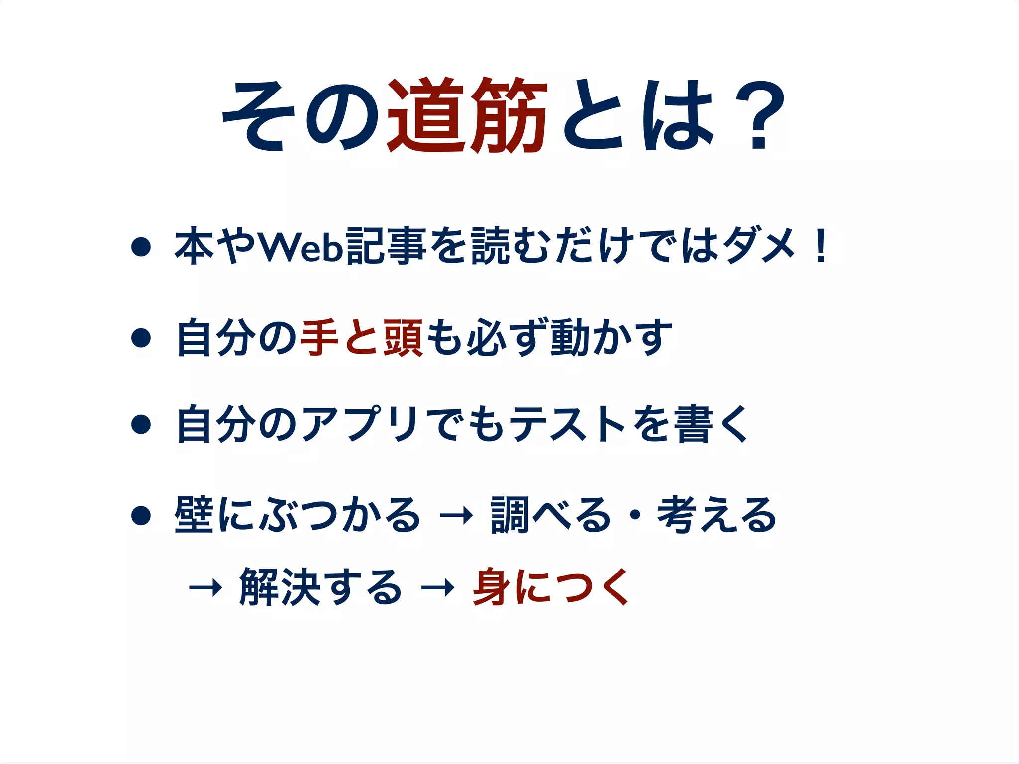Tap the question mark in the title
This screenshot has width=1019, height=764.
(758, 117)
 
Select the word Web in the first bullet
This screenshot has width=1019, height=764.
(302, 246)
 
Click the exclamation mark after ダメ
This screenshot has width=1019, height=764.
(820, 246)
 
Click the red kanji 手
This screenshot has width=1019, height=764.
(319, 338)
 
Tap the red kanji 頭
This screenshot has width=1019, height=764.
(403, 338)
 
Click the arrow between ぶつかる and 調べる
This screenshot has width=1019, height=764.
(456, 516)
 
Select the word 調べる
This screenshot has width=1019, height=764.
(550, 515)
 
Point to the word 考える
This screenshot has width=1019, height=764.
(716, 515)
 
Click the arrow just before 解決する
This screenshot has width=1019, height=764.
(205, 589)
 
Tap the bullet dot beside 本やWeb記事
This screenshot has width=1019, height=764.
(141, 247)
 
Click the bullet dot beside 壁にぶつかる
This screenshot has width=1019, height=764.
(141, 516)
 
